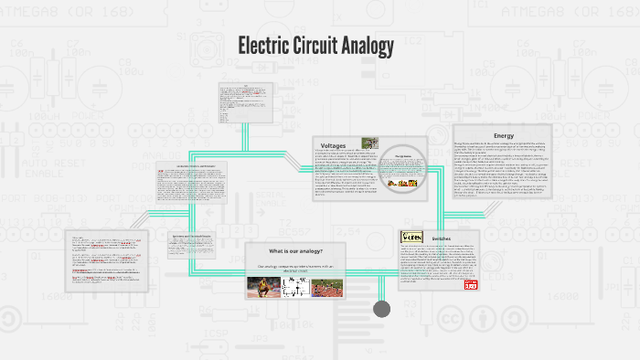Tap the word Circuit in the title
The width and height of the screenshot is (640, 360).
point(326,45)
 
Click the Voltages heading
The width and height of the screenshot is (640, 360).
point(333,144)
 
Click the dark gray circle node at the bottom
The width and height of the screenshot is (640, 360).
point(382,309)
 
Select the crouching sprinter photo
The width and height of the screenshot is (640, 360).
point(264,287)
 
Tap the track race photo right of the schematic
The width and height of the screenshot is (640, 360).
point(325,287)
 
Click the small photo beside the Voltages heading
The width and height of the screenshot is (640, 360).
point(368,143)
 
